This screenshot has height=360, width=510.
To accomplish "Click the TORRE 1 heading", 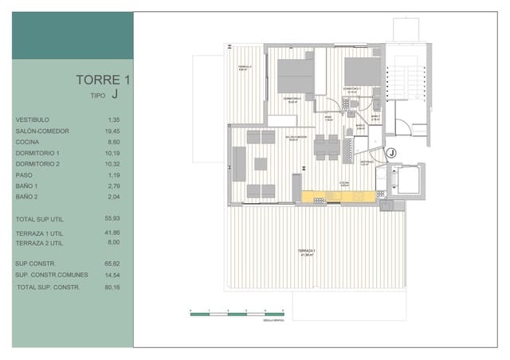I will click(x=102, y=80).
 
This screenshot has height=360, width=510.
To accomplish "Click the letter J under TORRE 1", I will click(x=115, y=94).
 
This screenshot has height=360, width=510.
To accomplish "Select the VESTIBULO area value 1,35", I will click(x=112, y=119).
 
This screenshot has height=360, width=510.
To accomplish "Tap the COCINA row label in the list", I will click(x=26, y=141).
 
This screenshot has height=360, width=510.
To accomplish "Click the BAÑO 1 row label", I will click(x=27, y=185).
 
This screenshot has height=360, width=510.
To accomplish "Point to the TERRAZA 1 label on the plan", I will click(x=306, y=252).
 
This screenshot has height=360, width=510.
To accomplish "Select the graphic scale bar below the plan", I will click(x=237, y=314).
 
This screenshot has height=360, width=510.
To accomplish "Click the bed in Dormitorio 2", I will click(x=296, y=76).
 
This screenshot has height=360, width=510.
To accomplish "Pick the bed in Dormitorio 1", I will click(x=363, y=72).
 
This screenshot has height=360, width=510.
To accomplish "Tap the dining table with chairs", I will click(x=326, y=147).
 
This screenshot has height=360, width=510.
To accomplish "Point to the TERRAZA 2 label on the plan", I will click(x=245, y=68).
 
